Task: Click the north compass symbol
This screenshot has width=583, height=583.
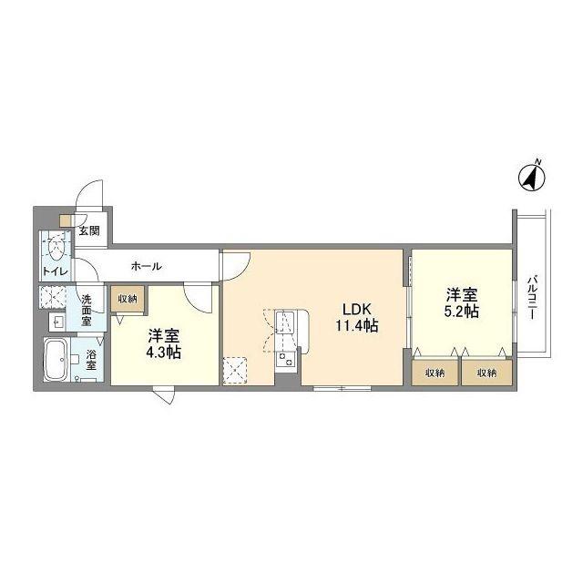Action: (x=532, y=178)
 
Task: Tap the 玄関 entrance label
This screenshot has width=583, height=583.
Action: (x=89, y=230)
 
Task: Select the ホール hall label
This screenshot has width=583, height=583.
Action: (x=147, y=266)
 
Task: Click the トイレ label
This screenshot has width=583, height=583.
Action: (x=56, y=271)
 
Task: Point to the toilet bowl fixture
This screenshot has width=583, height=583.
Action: (x=56, y=247)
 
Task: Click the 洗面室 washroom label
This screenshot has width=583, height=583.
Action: (x=87, y=310)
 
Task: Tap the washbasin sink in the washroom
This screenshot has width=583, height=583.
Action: (x=57, y=322)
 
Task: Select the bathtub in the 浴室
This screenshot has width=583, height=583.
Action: (x=56, y=359)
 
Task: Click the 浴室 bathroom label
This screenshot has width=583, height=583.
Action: (x=91, y=359)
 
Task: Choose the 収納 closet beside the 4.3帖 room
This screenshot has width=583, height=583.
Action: (x=128, y=299)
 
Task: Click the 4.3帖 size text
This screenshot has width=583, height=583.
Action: (x=164, y=353)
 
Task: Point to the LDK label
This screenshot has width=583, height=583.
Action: (x=357, y=309)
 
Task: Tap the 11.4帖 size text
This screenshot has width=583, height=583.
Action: (x=357, y=326)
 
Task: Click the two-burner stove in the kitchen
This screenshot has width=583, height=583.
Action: (x=285, y=360)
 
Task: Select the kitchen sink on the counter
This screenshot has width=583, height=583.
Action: (x=284, y=322)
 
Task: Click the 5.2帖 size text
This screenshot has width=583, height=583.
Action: (x=462, y=312)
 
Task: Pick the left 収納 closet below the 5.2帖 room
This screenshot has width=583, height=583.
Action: (x=435, y=373)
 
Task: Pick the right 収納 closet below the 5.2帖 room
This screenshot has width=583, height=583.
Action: (x=486, y=373)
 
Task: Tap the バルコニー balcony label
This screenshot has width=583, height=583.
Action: (x=532, y=297)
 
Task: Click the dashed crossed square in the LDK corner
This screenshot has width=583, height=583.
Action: (x=235, y=371)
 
